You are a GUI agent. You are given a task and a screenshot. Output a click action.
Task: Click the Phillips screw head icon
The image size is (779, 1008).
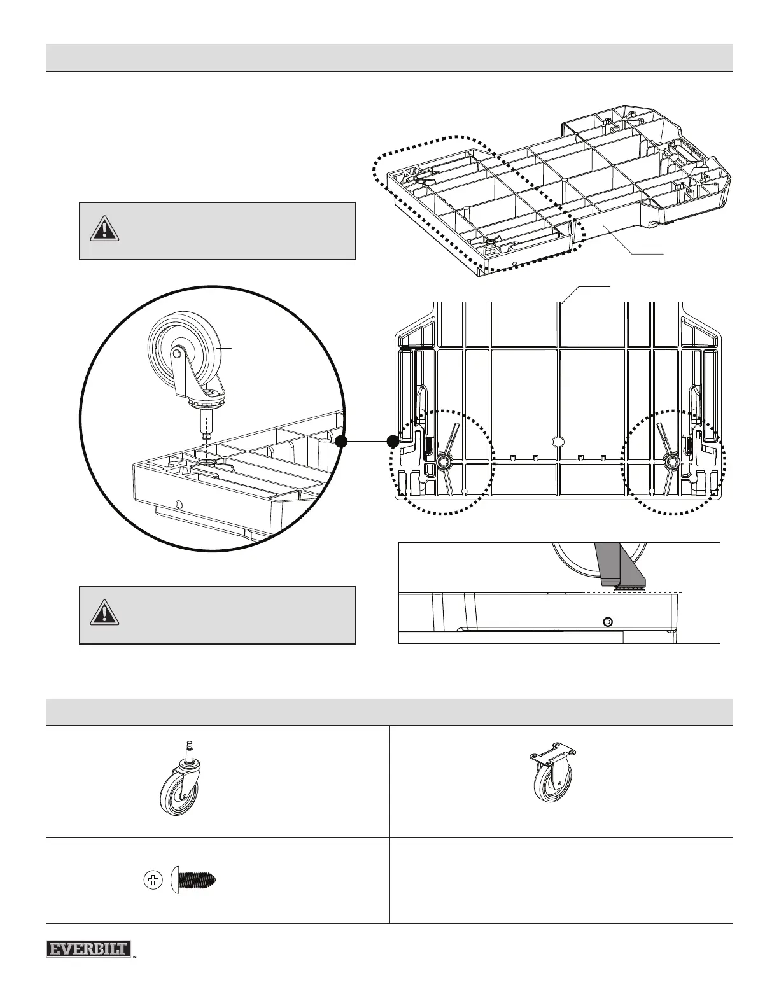(153, 881)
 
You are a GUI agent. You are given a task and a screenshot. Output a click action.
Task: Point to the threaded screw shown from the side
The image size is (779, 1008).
(195, 881)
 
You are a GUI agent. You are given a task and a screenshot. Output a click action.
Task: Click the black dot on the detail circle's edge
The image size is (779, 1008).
(342, 441)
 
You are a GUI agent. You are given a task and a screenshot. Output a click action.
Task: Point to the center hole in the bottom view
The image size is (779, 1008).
(558, 442)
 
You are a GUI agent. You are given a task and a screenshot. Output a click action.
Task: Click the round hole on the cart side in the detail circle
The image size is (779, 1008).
(179, 505)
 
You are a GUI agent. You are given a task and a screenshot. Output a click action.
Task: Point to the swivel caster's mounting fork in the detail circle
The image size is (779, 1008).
(191, 372)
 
